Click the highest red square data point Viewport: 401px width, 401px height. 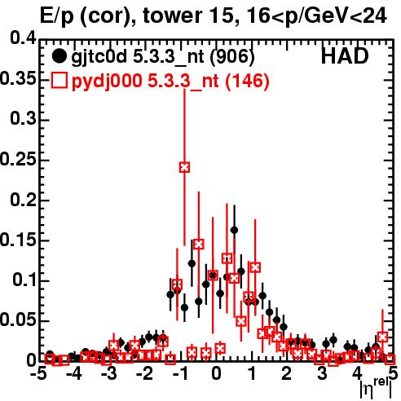pyautogui.click(x=184, y=167)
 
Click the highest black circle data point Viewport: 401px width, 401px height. pyautogui.click(x=234, y=230)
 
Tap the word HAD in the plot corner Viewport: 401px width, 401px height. pyautogui.click(x=345, y=56)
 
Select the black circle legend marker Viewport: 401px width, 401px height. pyautogui.click(x=59, y=56)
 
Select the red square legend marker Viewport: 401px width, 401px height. pyautogui.click(x=59, y=81)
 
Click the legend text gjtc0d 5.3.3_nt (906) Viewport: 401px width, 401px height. pyautogui.click(x=163, y=57)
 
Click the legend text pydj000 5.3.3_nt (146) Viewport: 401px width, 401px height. pyautogui.click(x=170, y=82)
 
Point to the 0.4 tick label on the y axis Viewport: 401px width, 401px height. pyautogui.click(x=23, y=38)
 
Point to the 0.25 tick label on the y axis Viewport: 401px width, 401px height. pyautogui.click(x=18, y=159)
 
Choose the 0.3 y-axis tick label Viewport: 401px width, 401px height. pyautogui.click(x=23, y=119)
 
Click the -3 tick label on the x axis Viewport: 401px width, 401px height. pyautogui.click(x=108, y=374)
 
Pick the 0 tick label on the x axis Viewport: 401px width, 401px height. pyautogui.click(x=216, y=374)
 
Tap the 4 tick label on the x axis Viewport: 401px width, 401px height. pyautogui.click(x=358, y=374)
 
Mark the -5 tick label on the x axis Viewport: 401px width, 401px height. pyautogui.click(x=37, y=374)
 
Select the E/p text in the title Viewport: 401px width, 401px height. pyautogui.click(x=56, y=16)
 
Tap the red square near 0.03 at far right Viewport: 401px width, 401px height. pyautogui.click(x=382, y=337)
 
